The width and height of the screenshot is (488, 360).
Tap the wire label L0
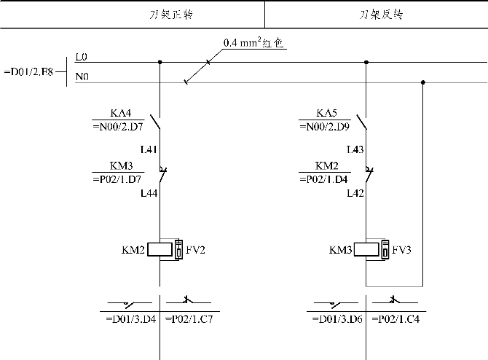click(x=82, y=57)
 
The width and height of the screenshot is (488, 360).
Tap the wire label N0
click(x=82, y=76)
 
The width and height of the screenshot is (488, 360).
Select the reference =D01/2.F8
click(x=28, y=71)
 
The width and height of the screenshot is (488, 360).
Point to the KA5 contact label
click(x=326, y=113)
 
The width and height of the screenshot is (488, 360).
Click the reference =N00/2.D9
click(x=326, y=126)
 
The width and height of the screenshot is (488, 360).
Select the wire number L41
click(x=149, y=150)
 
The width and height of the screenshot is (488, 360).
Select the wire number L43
click(x=355, y=150)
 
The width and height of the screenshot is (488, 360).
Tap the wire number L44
click(x=149, y=193)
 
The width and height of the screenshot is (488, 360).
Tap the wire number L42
click(x=355, y=193)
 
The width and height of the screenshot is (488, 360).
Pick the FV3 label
click(x=402, y=250)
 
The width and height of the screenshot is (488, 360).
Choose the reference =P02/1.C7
click(x=189, y=319)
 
